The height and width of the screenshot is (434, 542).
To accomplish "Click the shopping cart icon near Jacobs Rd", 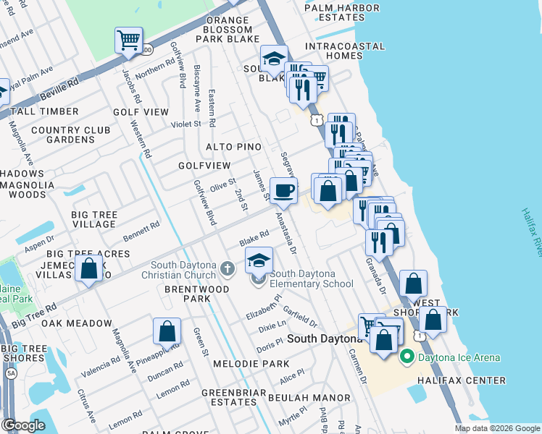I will [x=128, y=41].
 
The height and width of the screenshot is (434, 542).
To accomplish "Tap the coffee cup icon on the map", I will [x=283, y=190].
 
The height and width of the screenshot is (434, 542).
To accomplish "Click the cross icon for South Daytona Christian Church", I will [x=228, y=269].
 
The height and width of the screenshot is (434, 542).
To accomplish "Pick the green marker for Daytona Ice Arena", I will [x=406, y=357].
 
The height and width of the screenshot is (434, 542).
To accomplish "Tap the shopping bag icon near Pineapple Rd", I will [x=167, y=332].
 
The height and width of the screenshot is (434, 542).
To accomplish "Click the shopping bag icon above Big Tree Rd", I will [x=88, y=269].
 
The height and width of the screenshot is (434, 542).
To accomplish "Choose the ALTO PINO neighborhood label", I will [x=233, y=147].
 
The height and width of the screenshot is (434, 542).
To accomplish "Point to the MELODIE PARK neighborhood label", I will [x=251, y=364].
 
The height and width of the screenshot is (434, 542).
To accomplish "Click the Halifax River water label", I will [x=530, y=231].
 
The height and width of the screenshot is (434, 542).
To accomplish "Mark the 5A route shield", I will [x=10, y=373].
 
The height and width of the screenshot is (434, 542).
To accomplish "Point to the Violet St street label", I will [x=186, y=124].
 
